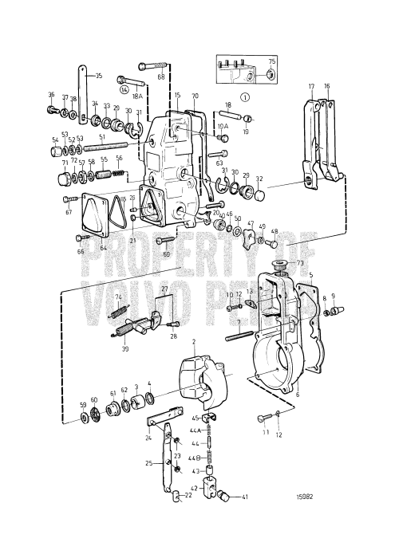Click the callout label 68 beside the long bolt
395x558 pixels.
[161, 77]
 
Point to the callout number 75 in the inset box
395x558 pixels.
[271, 61]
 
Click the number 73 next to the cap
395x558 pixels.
[301, 262]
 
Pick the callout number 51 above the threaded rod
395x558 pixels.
[101, 136]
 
